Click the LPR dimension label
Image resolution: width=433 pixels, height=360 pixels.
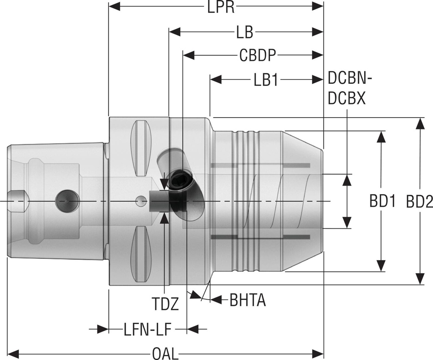[x=221, y=8]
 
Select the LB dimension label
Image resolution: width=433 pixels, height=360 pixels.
[x=244, y=32]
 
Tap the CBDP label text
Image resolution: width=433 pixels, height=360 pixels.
[x=258, y=55]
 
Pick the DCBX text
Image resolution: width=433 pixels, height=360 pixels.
[x=346, y=98]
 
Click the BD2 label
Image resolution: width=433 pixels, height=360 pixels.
[x=419, y=202]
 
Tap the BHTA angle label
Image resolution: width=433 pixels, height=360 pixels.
[x=247, y=300]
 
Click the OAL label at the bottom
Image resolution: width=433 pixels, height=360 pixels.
[x=165, y=353]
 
